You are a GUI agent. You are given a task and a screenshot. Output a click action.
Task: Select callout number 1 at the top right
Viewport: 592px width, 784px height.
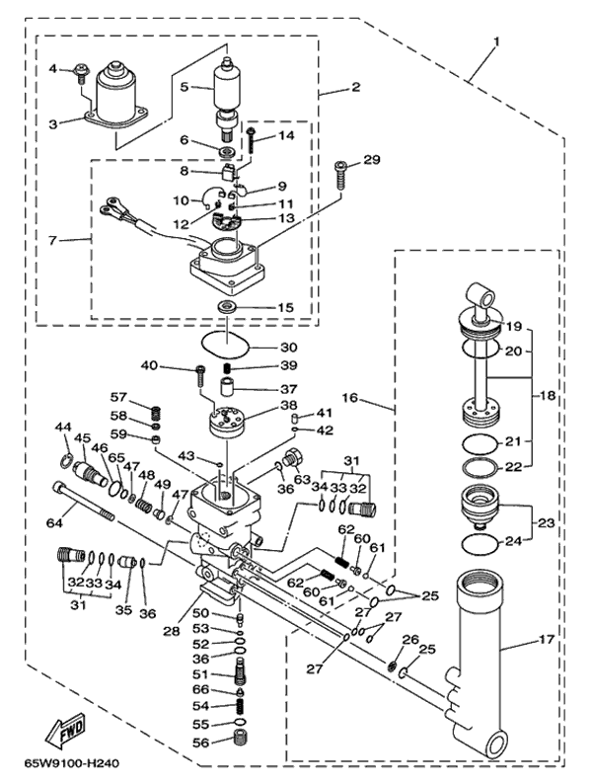click(x=496, y=41)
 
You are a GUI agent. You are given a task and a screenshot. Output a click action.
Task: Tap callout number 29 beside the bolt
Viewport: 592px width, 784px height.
click(x=371, y=160)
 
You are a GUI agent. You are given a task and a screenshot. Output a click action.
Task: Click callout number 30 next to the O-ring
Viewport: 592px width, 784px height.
click(x=288, y=348)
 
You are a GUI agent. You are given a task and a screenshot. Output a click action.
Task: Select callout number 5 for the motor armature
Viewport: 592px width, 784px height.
click(x=184, y=87)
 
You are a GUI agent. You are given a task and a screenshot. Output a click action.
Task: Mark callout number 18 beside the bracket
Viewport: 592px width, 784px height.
click(x=549, y=394)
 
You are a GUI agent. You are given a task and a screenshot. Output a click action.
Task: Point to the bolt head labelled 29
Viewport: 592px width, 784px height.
click(x=340, y=167)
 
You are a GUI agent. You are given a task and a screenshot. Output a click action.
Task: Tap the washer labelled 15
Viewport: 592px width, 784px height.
click(x=226, y=308)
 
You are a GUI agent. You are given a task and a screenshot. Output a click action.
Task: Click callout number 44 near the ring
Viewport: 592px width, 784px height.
click(x=63, y=427)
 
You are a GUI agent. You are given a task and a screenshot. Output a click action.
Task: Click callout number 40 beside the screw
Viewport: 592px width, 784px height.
click(x=178, y=366)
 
